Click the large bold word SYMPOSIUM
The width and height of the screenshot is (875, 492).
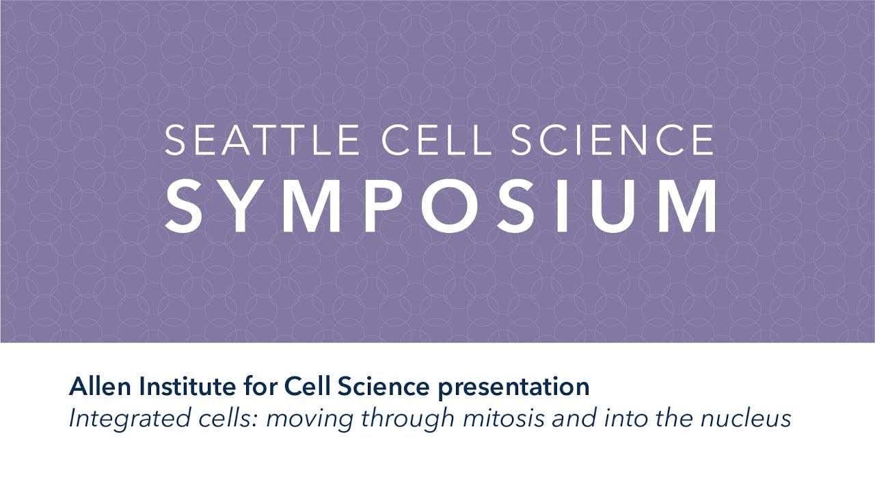coord(441,206)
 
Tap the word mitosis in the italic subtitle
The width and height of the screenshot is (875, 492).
coord(498,418)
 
